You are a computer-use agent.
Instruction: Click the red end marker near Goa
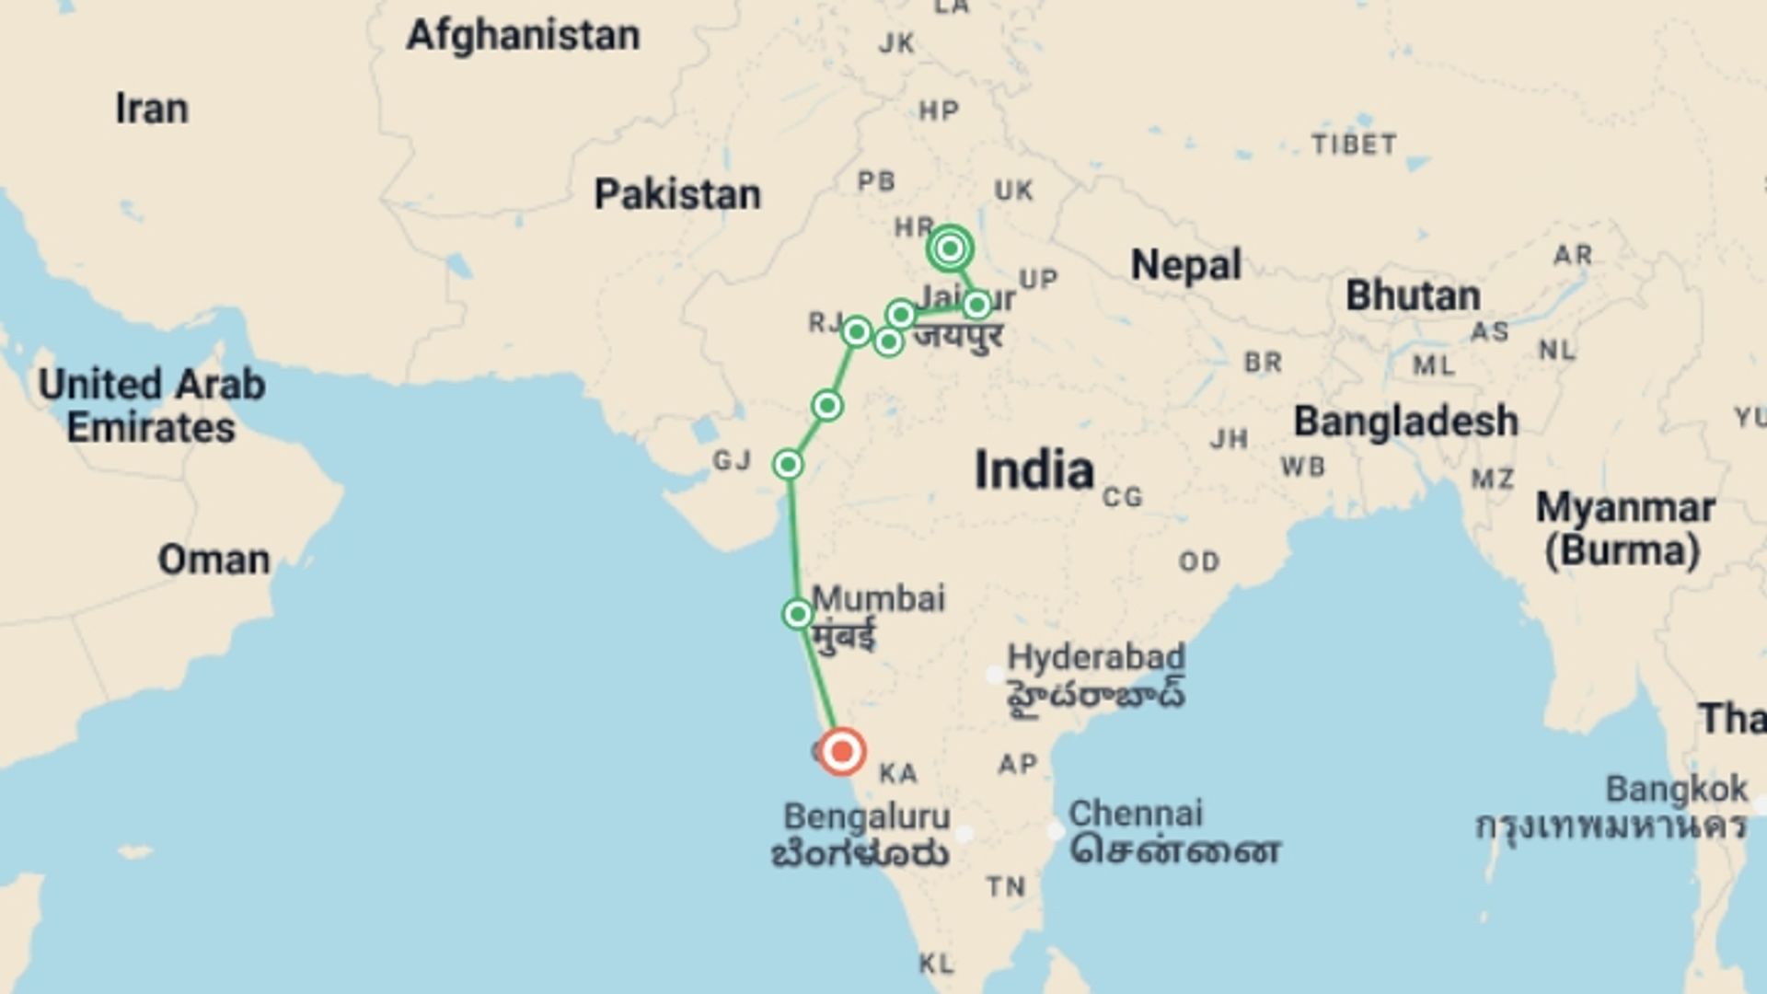(841, 752)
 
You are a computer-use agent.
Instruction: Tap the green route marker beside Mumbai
(797, 614)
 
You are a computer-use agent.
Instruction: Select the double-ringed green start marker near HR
(950, 248)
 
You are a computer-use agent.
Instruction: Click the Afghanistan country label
(523, 36)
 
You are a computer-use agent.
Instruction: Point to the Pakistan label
(677, 195)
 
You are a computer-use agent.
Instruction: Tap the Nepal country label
(1185, 265)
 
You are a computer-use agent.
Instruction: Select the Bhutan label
(1413, 296)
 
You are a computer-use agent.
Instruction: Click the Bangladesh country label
(1405, 422)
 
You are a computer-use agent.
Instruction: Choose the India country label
(1034, 469)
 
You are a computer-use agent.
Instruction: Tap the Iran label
(152, 109)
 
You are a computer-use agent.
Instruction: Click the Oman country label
(214, 560)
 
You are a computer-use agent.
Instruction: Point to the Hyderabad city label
(1096, 657)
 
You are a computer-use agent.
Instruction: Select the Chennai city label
(1135, 814)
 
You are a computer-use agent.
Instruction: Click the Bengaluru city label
(866, 816)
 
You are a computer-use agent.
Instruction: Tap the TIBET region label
(1354, 144)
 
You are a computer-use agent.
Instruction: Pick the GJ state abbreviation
(732, 460)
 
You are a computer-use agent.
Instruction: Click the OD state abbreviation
(1198, 561)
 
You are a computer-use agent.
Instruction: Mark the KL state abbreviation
(936, 964)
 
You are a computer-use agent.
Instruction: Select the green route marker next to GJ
(788, 465)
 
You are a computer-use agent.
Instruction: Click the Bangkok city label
(1676, 790)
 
